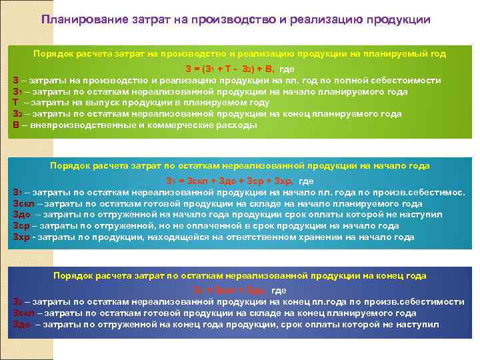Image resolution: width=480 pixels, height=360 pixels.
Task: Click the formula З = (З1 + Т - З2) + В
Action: point(231,69)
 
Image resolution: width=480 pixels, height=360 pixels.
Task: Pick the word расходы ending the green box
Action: point(235,125)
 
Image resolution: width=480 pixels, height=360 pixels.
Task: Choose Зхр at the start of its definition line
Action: point(21,237)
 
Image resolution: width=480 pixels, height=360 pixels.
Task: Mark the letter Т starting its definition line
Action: point(15,103)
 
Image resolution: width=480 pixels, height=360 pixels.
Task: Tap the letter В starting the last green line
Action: point(15,125)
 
